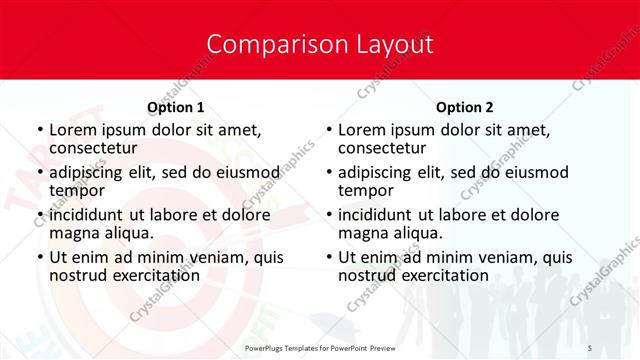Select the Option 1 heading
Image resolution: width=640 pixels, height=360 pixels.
(176, 107)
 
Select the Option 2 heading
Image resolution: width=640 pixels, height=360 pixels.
(465, 107)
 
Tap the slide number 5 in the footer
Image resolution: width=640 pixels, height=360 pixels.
(590, 347)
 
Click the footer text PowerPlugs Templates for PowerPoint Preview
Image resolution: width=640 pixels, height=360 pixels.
(320, 347)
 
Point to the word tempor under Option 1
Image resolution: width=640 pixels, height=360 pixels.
(77, 190)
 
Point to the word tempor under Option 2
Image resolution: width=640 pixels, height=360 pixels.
(366, 190)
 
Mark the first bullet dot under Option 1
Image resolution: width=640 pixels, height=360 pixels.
(39, 130)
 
